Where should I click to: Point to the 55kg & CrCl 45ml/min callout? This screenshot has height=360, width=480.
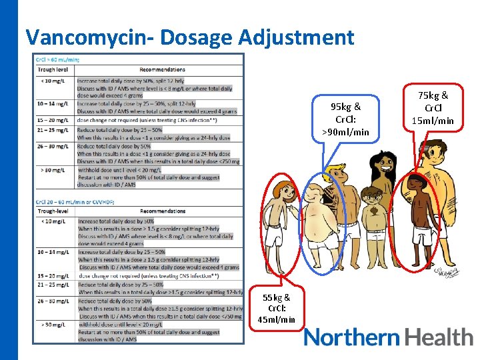(x=277, y=309)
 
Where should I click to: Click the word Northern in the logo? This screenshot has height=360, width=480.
(x=351, y=337)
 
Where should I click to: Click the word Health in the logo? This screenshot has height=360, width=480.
(x=437, y=337)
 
